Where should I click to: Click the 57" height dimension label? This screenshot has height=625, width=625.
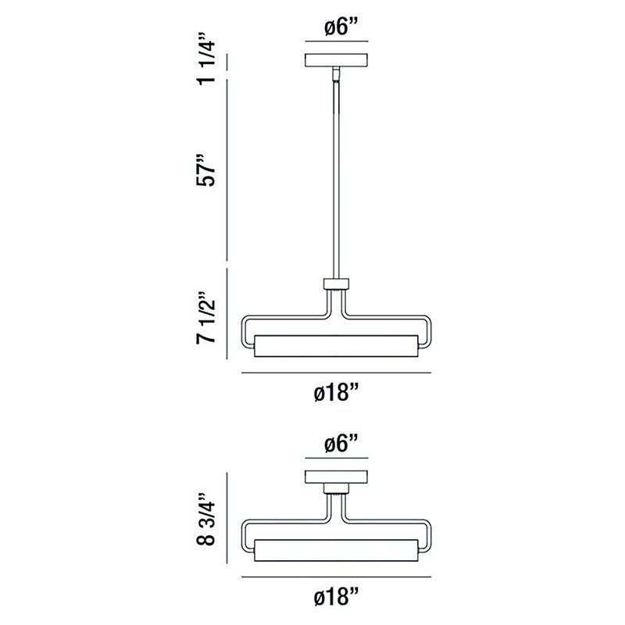(x=205, y=170)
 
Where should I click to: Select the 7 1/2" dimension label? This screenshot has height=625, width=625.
(x=205, y=318)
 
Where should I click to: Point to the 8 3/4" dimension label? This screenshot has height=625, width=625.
(x=205, y=519)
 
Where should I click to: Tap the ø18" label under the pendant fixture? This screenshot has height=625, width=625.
(x=337, y=393)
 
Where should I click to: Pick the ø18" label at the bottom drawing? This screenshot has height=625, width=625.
(x=337, y=597)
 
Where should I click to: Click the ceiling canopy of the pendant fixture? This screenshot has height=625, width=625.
(x=337, y=61)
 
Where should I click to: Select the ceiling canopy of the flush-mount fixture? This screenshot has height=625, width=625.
(x=337, y=477)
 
